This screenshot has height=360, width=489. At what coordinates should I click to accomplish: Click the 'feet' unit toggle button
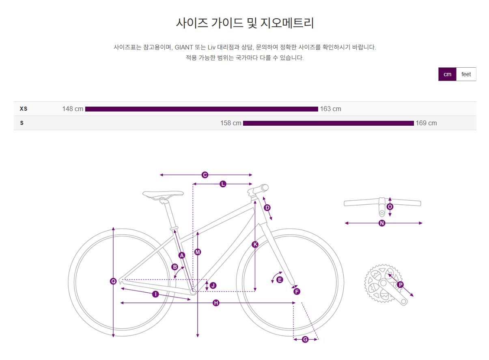pyautogui.click(x=466, y=74)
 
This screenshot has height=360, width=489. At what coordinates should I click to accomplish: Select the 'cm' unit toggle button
pyautogui.click(x=447, y=74)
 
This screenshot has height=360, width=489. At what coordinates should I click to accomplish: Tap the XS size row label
pyautogui.click(x=24, y=109)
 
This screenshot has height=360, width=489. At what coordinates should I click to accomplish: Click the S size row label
pyautogui.click(x=22, y=123)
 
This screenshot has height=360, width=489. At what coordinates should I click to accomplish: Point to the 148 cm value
pyautogui.click(x=73, y=109)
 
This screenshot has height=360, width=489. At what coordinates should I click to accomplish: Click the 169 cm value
pyautogui.click(x=426, y=123)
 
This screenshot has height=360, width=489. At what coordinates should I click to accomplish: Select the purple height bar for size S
pyautogui.click(x=328, y=123)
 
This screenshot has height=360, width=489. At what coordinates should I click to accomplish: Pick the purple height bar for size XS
pyautogui.click(x=201, y=109)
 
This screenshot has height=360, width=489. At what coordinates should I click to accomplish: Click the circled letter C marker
pyautogui.click(x=205, y=175)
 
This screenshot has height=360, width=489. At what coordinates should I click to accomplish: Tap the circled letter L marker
pyautogui.click(x=223, y=184)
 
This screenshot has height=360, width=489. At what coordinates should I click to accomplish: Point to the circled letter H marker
pyautogui.click(x=216, y=303)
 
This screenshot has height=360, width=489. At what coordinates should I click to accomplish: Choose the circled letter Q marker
pyautogui.click(x=113, y=281)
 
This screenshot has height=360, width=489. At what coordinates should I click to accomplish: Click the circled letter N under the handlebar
pyautogui.click(x=382, y=223)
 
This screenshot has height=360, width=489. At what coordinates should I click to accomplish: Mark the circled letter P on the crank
pyautogui.click(x=401, y=285)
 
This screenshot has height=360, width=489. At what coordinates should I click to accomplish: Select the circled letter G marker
pyautogui.click(x=305, y=339)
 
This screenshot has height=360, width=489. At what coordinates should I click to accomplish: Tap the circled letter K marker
pyautogui.click(x=255, y=244)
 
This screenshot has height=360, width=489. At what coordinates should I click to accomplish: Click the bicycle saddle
pyautogui.click(x=163, y=194)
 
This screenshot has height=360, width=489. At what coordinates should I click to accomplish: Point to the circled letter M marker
pyautogui.click(x=198, y=252)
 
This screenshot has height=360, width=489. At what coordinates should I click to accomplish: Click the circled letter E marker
pyautogui.click(x=280, y=279)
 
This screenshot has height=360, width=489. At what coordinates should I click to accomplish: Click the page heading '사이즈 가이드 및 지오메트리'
pyautogui.click(x=245, y=23)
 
